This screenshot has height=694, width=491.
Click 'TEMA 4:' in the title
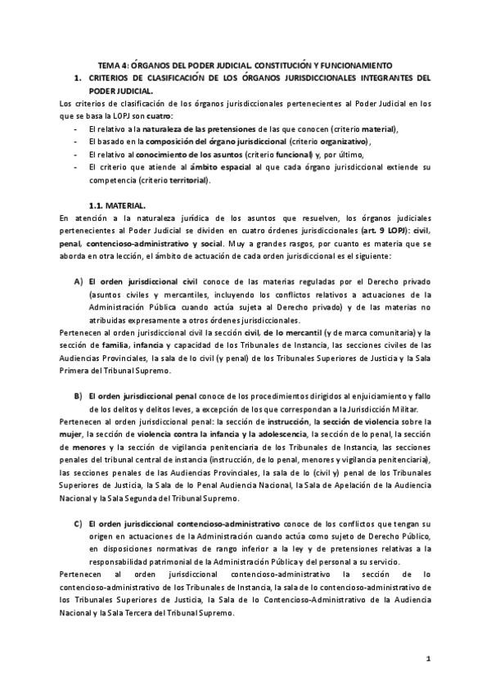click(112, 65)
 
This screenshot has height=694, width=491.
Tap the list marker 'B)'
click(79, 395)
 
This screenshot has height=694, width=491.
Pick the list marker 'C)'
click(79, 522)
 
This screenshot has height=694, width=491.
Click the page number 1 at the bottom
click(428, 659)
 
